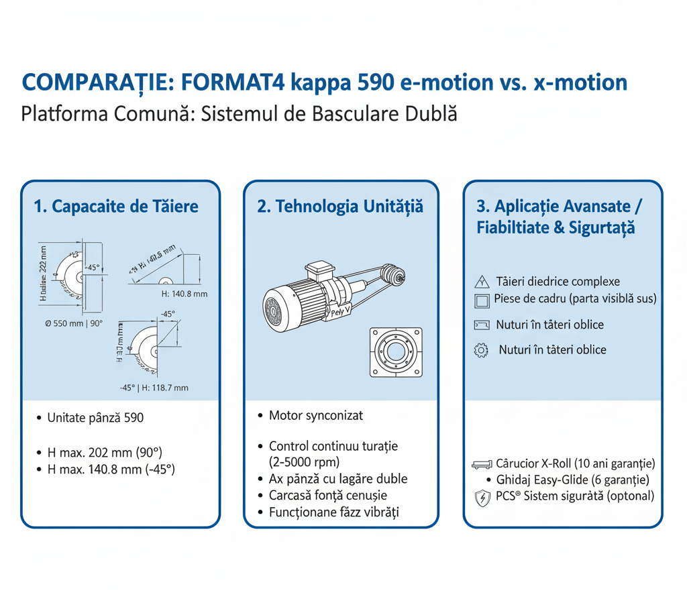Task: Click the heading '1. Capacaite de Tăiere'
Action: [x=116, y=206]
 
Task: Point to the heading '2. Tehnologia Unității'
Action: [x=340, y=206]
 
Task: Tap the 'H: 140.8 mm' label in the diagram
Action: [x=184, y=293]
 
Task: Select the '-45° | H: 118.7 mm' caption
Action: [x=155, y=388]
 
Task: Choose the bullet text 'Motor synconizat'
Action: [x=315, y=416]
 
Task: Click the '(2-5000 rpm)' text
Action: [x=304, y=461]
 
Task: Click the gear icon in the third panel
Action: [x=481, y=351]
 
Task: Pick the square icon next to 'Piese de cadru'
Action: [x=481, y=300]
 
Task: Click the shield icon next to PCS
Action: [x=481, y=497]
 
